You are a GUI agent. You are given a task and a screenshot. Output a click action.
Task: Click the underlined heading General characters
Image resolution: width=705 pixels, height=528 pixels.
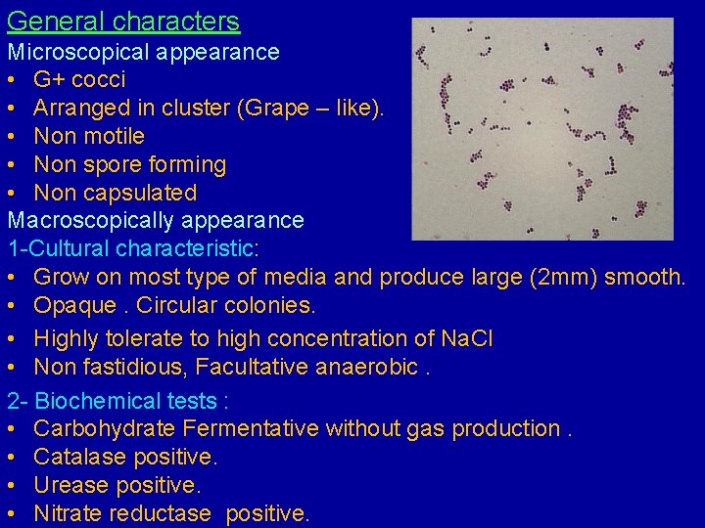click(123, 22)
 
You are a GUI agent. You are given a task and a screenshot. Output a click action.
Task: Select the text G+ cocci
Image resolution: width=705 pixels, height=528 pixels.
click(79, 79)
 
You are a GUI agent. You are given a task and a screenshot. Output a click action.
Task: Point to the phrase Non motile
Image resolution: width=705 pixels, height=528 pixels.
click(89, 136)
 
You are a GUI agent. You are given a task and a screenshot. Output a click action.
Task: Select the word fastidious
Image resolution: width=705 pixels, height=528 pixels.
click(137, 367)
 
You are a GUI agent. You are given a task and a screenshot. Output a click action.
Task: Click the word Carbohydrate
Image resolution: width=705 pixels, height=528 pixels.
click(105, 428)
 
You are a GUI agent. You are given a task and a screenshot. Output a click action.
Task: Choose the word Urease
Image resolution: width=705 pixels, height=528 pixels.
click(70, 485)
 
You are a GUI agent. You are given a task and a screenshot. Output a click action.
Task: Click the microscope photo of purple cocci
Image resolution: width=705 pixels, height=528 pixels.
click(542, 129)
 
